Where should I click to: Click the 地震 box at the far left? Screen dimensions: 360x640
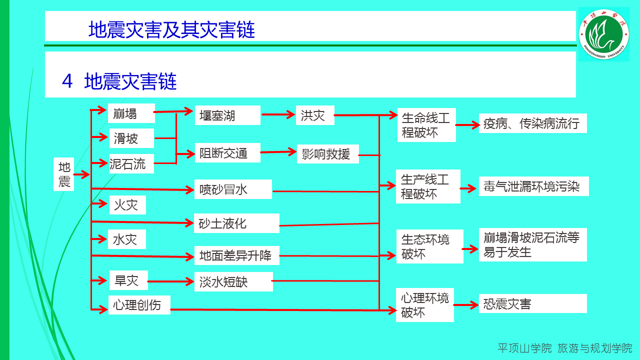(x=64, y=174)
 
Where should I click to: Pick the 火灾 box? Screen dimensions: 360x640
(x=127, y=205)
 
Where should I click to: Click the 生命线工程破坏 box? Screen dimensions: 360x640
(x=426, y=125)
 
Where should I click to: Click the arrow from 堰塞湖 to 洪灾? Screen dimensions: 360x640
(x=278, y=115)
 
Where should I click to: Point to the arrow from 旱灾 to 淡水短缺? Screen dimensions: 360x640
(x=171, y=281)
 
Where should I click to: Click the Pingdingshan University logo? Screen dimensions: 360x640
(x=603, y=34)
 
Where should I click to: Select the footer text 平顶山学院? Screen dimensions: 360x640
(x=524, y=348)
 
